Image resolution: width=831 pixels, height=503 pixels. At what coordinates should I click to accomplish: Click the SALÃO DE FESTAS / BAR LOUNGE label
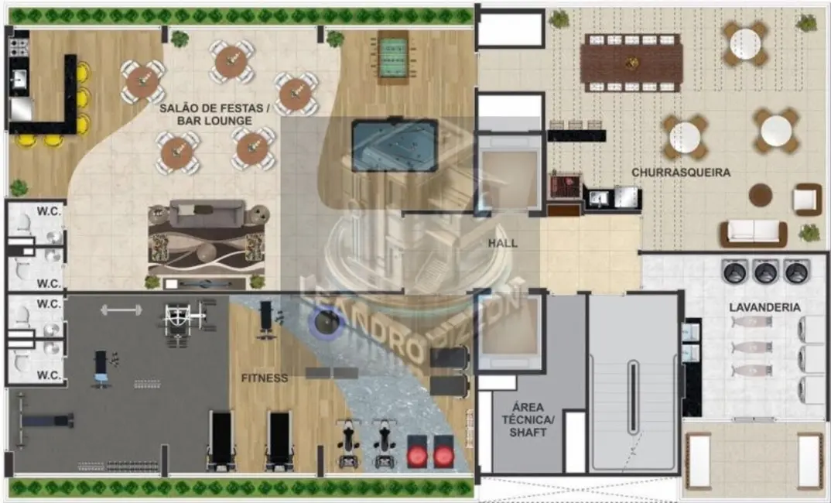(x=214, y=115)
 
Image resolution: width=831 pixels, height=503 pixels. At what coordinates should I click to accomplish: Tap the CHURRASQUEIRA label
(x=680, y=173)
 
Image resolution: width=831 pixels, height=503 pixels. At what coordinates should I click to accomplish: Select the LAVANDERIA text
(x=764, y=307)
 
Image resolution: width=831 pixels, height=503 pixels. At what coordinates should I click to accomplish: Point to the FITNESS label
(x=264, y=378)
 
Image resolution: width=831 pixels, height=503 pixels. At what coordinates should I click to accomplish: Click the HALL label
(x=502, y=243)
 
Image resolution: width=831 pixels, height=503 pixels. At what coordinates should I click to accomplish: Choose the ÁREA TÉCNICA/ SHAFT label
(x=528, y=419)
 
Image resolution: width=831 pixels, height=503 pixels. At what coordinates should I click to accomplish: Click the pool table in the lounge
(x=394, y=145)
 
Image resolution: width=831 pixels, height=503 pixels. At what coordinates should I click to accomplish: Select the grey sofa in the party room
(x=207, y=213)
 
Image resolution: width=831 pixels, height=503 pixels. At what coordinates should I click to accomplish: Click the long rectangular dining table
(x=631, y=63)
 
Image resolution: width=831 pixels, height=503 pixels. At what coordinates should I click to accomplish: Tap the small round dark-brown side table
(x=760, y=195)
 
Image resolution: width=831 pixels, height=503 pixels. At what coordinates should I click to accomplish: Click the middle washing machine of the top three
(x=764, y=272)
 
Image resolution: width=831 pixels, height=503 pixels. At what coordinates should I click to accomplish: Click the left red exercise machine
(x=418, y=454)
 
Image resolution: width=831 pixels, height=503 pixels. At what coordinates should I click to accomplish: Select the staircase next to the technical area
(x=633, y=383)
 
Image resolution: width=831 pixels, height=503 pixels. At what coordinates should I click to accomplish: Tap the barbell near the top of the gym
(x=121, y=310)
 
